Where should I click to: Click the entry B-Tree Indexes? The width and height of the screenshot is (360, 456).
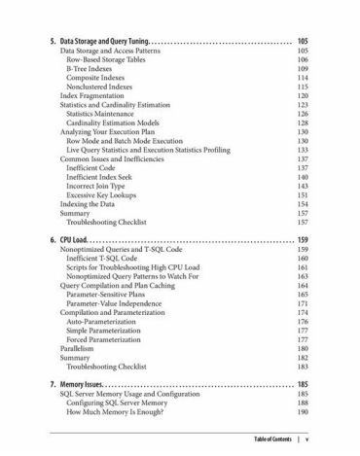[x=92, y=71]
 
